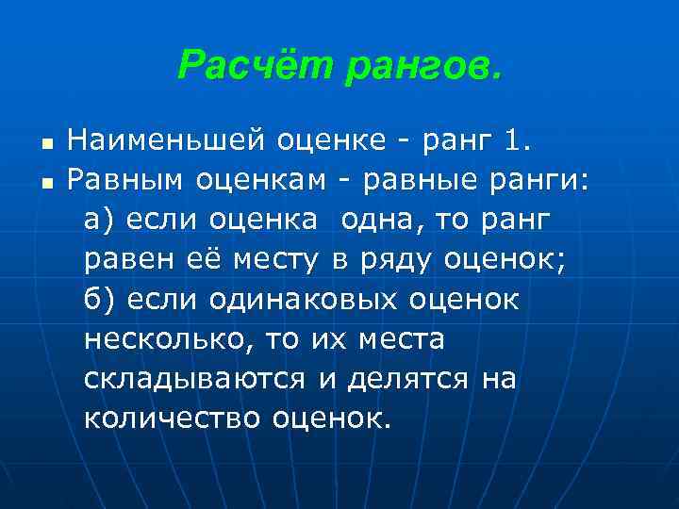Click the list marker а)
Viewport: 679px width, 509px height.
pos(98,219)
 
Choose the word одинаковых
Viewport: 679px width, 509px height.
pos(306,299)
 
